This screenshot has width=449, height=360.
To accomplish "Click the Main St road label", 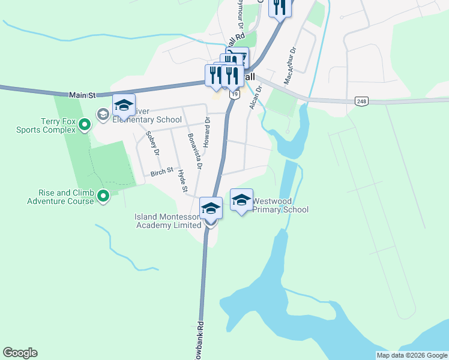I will click(x=83, y=95).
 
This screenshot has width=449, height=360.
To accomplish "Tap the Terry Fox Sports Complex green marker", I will click(x=85, y=125).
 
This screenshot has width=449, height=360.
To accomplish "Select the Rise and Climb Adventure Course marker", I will click(x=103, y=196).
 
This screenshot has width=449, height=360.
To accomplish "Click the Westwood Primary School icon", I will click(x=241, y=201).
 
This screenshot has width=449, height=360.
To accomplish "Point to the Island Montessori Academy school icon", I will click(x=211, y=209).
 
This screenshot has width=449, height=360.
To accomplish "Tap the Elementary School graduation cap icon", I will click(x=124, y=106).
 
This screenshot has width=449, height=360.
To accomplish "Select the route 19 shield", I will click(x=234, y=94).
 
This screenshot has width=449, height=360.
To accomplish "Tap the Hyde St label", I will click(x=182, y=181).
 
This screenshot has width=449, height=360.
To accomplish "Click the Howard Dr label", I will click(x=206, y=133).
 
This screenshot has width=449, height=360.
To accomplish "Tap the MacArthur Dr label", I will click(x=290, y=65).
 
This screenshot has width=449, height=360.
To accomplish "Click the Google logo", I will click(x=20, y=353).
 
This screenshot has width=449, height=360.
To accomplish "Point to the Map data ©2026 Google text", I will click(x=412, y=355).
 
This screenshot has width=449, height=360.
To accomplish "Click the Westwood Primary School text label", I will click(x=280, y=206).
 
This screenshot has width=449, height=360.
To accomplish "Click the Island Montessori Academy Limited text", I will click(x=168, y=221).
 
